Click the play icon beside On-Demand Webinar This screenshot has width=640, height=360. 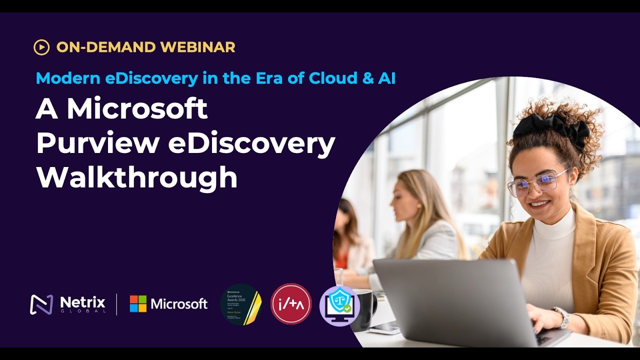pyautogui.click(x=41, y=47)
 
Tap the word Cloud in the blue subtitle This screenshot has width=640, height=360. pyautogui.click(x=333, y=78)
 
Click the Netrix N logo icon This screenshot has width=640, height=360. pyautogui.click(x=41, y=304)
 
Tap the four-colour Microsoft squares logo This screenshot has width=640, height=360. pyautogui.click(x=138, y=303)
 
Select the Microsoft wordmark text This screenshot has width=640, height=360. pyautogui.click(x=178, y=304)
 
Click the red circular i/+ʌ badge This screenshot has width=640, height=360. pyautogui.click(x=291, y=304)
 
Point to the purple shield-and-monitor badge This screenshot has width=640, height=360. pyautogui.click(x=339, y=305)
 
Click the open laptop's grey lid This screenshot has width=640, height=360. pyautogui.click(x=450, y=300)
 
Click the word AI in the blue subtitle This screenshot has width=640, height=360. pyautogui.click(x=385, y=78)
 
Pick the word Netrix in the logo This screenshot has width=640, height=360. pyautogui.click(x=82, y=301)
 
